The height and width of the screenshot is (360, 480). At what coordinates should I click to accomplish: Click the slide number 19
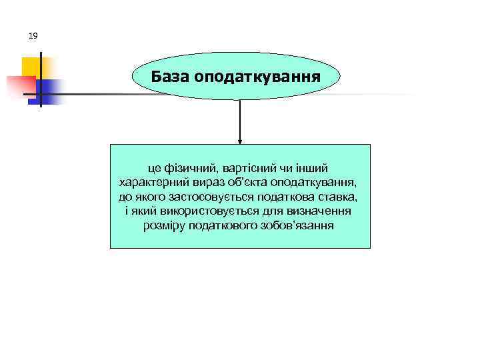(x=33, y=35)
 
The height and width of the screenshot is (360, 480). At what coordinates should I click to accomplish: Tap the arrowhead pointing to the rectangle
(x=240, y=141)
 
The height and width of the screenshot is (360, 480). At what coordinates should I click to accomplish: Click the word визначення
(x=319, y=211)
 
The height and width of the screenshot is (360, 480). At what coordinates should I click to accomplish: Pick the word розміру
(x=165, y=226)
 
